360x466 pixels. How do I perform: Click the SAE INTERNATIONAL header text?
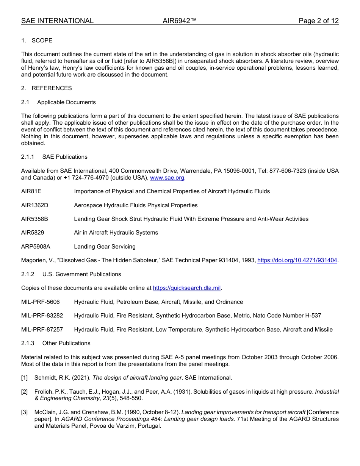pyautogui.click(x=57, y=21)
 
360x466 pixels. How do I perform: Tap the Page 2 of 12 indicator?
pyautogui.click(x=318, y=21)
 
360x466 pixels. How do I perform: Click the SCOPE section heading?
pyautogui.click(x=42, y=41)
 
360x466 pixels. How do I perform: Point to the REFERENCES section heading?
pyautogui.click(x=52, y=88)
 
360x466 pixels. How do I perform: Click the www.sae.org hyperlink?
pyautogui.click(x=167, y=178)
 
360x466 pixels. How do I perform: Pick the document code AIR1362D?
pyautogui.click(x=35, y=205)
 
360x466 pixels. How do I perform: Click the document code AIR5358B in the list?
pyautogui.click(x=34, y=219)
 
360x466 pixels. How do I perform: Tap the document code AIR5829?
pyautogui.click(x=33, y=233)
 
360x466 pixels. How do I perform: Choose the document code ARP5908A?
pyautogui.click(x=36, y=247)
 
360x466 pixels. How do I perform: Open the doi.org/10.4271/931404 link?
pyautogui.click(x=297, y=260)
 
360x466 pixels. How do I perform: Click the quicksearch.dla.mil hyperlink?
pyautogui.click(x=186, y=288)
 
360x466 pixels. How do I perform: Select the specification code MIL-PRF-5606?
pyautogui.click(x=40, y=302)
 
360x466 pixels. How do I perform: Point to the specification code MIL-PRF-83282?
pyautogui.click(x=42, y=316)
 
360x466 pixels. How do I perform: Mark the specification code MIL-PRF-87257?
pyautogui.click(x=42, y=330)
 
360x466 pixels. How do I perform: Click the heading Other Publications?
pyautogui.click(x=66, y=343)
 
